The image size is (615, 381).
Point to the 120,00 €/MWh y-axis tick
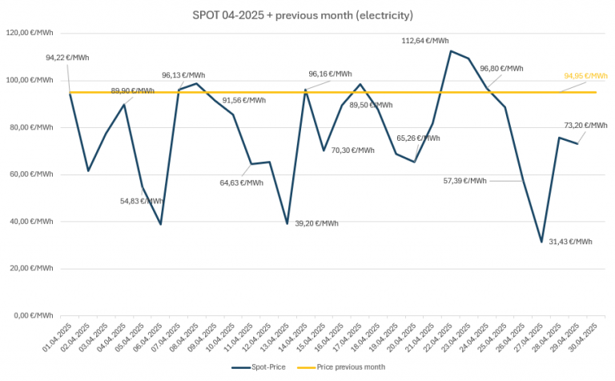[30, 34]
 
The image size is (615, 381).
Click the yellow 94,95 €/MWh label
[585, 76]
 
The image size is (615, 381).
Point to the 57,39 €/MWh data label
[464, 181]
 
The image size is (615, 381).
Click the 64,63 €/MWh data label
[241, 182]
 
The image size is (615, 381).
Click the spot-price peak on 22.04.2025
[451, 51]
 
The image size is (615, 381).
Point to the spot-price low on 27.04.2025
[541, 241]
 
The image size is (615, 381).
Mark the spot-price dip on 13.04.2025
[287, 223]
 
